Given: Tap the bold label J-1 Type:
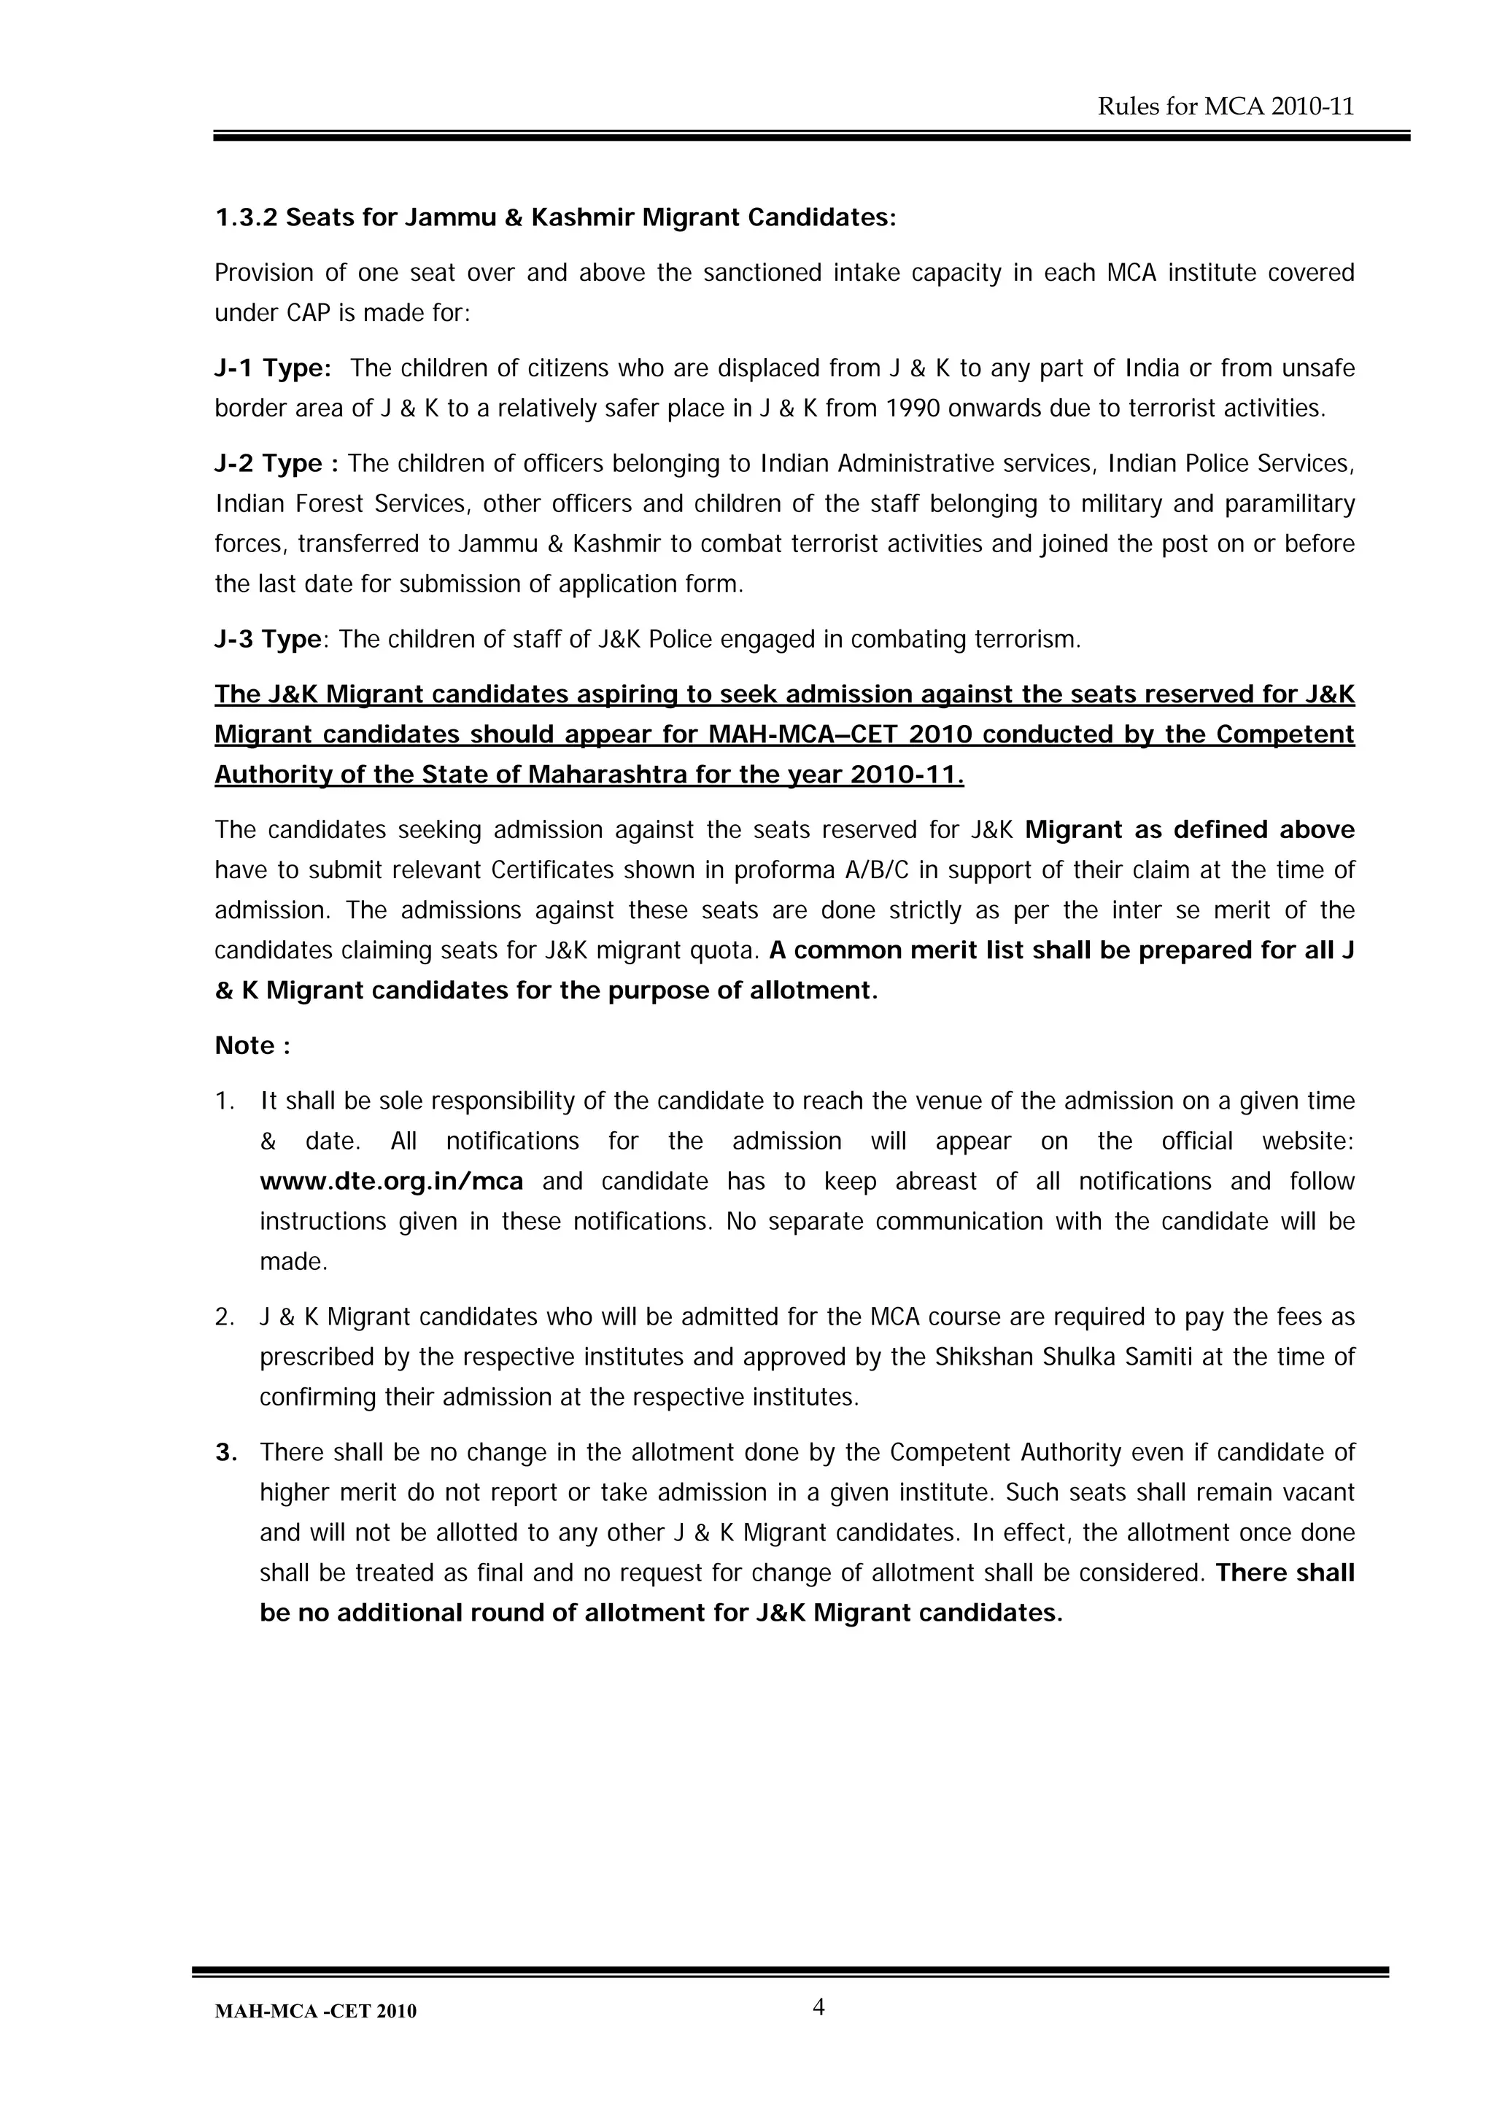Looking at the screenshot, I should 273,369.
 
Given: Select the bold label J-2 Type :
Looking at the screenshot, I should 276,464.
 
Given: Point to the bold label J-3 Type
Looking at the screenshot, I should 268,640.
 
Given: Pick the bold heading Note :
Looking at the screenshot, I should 252,1047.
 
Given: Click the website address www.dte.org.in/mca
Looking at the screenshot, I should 391,1182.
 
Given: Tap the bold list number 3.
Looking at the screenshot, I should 225,1453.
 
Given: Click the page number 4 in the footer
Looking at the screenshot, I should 818,2007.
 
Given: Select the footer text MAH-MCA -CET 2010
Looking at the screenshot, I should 315,2012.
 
